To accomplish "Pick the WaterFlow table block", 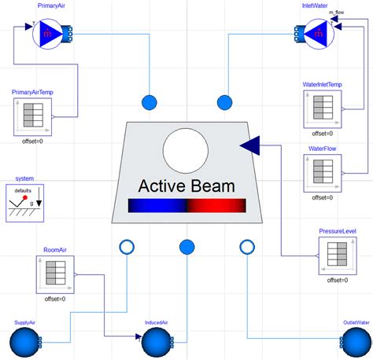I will tap(323, 174).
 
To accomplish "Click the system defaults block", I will tap(25, 204).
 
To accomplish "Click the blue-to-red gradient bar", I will tap(186, 206).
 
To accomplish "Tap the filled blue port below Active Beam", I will tap(186, 248).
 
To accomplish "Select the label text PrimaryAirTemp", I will tap(32, 92).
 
